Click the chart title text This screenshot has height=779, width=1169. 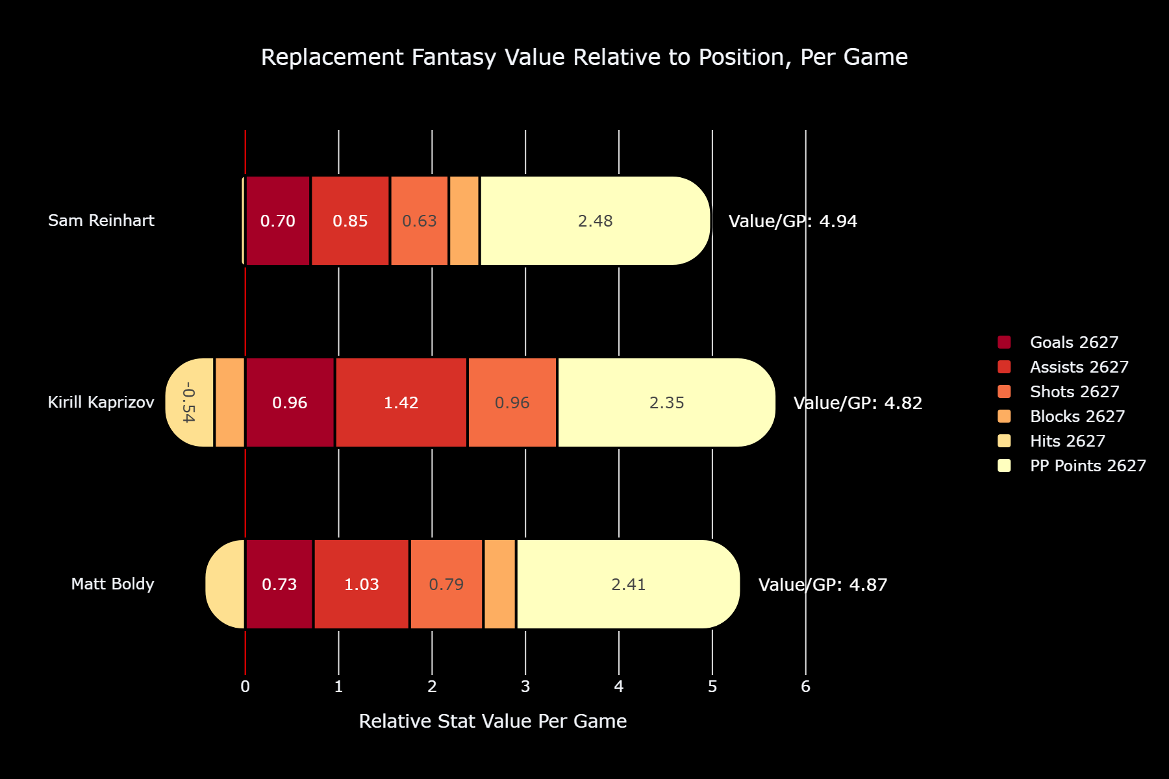coord(584,57)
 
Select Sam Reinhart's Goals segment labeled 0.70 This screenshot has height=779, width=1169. coord(278,221)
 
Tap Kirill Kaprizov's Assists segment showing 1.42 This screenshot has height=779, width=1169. coord(401,402)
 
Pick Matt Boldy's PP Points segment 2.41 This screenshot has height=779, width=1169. coord(628,584)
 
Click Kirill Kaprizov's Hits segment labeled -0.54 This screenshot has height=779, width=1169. coord(189,402)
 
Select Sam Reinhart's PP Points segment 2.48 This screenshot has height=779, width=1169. coord(596,221)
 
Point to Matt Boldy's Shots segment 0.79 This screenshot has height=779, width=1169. coord(447,584)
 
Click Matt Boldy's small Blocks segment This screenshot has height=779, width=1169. coord(500,584)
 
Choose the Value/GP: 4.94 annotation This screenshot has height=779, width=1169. coord(793,221)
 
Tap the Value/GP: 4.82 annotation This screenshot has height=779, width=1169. coord(858,403)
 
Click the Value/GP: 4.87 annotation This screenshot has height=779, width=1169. coord(823,585)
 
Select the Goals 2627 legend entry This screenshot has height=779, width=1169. coord(1058,342)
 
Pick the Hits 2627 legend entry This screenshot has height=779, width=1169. coord(1051,441)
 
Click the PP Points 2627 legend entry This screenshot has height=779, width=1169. coord(1072,465)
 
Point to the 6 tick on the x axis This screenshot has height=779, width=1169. coord(806,687)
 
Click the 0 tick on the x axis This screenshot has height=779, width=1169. coord(245,687)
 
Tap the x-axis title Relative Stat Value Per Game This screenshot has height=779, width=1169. coord(493,721)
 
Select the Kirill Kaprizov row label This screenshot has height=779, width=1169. coord(101,402)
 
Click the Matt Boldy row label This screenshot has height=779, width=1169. coord(113,584)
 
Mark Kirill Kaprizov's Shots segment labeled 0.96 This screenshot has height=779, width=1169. coord(512,402)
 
